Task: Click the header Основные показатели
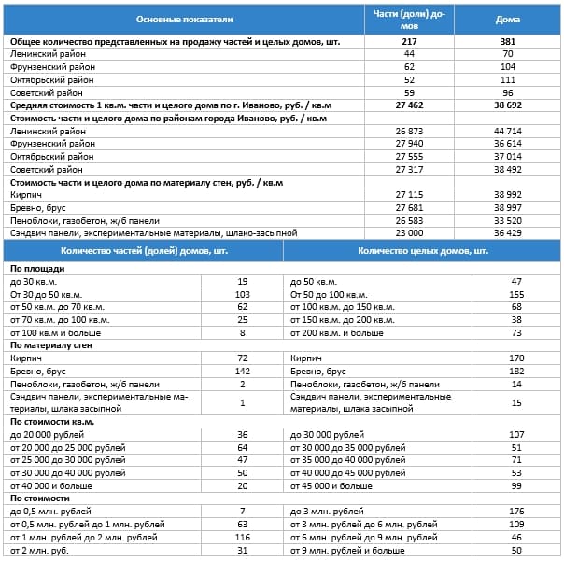point(184,19)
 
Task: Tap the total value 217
point(409,42)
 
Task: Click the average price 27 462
point(409,105)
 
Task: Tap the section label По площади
point(32,268)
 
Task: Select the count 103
point(242,294)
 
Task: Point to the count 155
point(516,294)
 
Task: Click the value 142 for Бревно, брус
point(242,372)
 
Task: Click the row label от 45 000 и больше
point(331,485)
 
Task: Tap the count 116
point(242,538)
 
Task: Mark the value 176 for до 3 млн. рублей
point(516,512)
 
